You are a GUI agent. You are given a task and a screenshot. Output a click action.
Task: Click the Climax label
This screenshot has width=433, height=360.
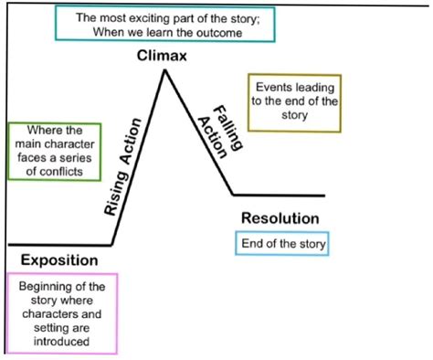(163, 56)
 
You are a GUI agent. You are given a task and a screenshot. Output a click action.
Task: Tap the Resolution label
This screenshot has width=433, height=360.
(280, 219)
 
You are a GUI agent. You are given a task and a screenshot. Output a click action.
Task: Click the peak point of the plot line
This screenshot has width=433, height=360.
(164, 70)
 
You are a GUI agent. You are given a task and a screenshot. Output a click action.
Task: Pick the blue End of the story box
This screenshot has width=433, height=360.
(282, 244)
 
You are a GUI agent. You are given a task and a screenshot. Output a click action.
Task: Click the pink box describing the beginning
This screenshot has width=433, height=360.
(61, 313)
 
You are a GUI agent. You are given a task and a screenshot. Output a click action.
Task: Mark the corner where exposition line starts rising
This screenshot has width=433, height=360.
(111, 245)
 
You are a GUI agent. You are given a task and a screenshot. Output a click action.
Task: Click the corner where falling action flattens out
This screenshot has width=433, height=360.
(233, 195)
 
